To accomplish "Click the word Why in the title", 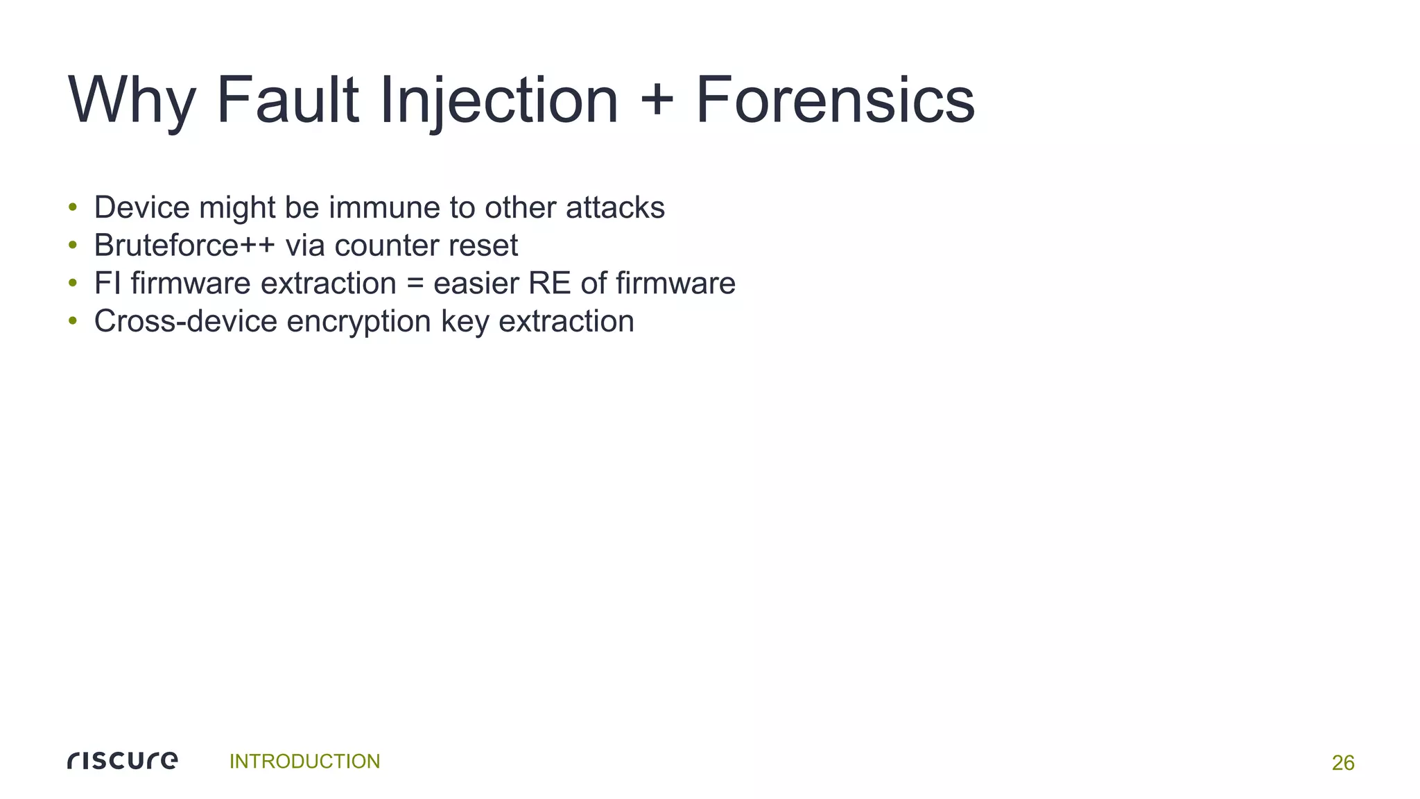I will pyautogui.click(x=132, y=101).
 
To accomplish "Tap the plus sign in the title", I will pyautogui.click(x=657, y=101).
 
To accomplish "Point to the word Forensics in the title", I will pyautogui.click(x=835, y=101).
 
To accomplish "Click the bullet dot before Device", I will pyautogui.click(x=73, y=207).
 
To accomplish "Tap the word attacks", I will pyautogui.click(x=615, y=207).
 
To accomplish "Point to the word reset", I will pyautogui.click(x=485, y=246).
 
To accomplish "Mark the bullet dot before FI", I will pyautogui.click(x=73, y=284).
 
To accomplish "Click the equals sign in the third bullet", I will pyautogui.click(x=415, y=284).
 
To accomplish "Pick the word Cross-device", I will pyautogui.click(x=185, y=321).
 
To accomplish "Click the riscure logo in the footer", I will pyautogui.click(x=123, y=761).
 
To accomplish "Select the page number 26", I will pyautogui.click(x=1343, y=763).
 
